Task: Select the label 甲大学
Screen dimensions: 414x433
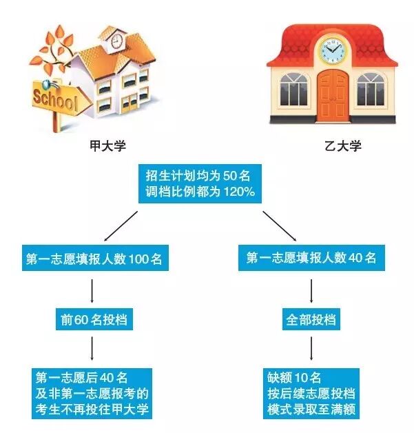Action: point(108,146)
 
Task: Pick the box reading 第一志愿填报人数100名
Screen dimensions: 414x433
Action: point(94,259)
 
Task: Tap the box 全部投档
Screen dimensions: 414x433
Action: point(311,321)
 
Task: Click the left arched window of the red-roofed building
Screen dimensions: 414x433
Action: point(296,90)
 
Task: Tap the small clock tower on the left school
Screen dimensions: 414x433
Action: point(116,41)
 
